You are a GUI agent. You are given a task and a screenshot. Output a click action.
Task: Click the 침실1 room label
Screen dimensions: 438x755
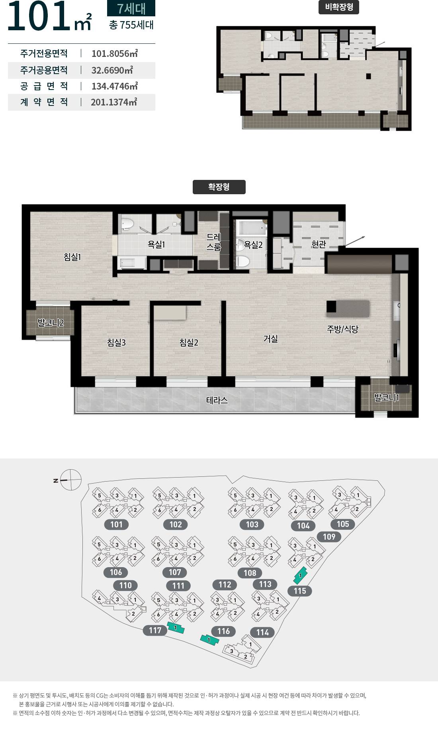point(72,257)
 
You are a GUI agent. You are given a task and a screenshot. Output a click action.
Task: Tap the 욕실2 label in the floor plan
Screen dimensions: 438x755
point(253,245)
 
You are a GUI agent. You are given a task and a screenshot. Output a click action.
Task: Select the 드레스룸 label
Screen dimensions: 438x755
point(213,242)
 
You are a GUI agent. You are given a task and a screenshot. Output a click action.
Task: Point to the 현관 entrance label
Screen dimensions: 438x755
point(319,244)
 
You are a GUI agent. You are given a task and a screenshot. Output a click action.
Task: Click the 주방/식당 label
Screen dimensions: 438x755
point(342,329)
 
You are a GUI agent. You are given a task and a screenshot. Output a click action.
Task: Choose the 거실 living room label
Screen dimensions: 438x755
point(270,339)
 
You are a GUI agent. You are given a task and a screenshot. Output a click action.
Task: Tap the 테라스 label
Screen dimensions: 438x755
point(217,400)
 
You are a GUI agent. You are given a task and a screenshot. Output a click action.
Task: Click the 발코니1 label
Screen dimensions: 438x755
point(386,397)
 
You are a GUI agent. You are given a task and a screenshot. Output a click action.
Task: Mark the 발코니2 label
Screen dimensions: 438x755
point(51,322)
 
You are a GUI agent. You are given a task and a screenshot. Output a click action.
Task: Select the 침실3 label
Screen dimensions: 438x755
point(116,342)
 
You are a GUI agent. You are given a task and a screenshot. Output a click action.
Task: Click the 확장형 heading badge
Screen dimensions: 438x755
point(219,187)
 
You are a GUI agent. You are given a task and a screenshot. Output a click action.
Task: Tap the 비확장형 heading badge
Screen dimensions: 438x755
point(339,7)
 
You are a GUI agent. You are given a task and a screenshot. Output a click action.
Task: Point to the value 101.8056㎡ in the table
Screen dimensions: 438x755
point(115,53)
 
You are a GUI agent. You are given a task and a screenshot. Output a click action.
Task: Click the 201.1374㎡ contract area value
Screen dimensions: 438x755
point(114,102)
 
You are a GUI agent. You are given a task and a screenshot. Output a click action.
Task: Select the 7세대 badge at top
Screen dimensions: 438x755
point(131,8)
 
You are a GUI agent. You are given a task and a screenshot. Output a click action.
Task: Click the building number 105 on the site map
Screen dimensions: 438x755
point(343,524)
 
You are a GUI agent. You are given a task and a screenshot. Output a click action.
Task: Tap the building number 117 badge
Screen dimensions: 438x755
point(155,630)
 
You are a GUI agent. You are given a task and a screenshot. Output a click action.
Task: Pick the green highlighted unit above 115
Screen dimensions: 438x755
point(300,576)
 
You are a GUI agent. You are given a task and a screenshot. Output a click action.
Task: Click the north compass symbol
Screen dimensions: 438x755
point(70,480)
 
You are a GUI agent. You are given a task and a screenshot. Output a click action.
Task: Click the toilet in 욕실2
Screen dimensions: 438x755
point(242,261)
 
